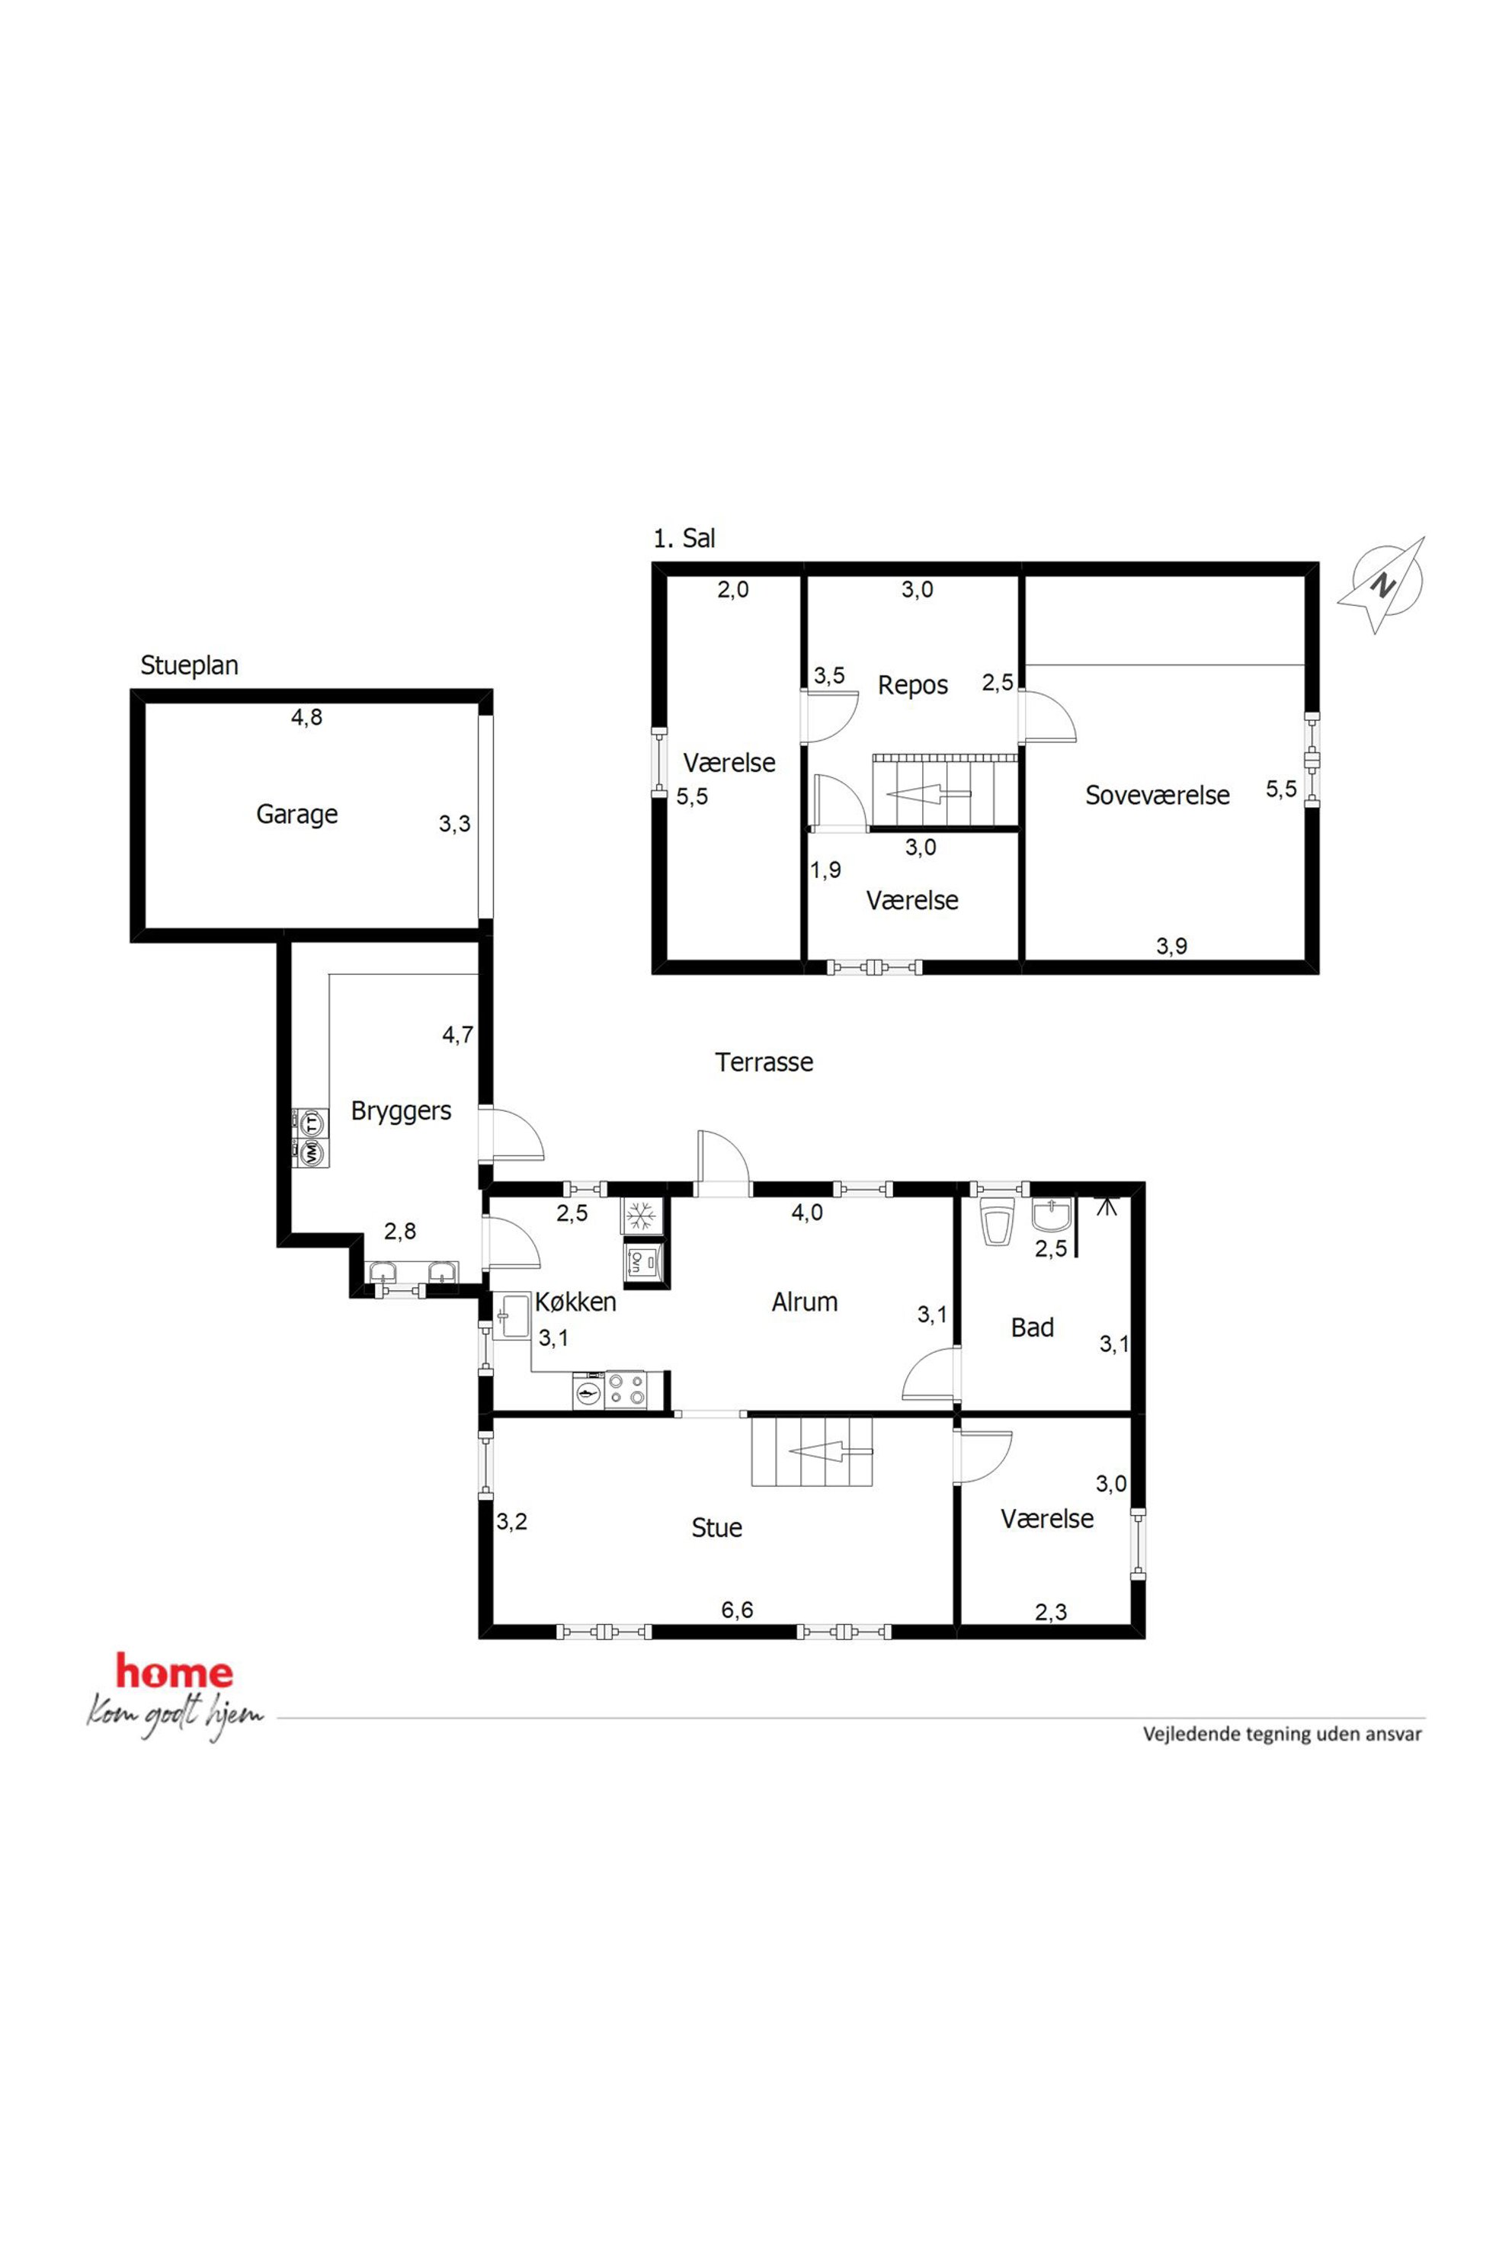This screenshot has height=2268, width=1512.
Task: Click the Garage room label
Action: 297,814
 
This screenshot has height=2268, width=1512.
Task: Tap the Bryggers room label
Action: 401,1111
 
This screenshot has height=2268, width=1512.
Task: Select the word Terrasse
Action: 764,1062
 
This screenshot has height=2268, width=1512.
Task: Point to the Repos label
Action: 913,686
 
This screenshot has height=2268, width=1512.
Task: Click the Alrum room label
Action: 806,1302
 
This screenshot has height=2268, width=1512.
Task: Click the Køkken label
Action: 575,1302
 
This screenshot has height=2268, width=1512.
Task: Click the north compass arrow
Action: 1382,585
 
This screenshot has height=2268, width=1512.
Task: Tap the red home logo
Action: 175,1672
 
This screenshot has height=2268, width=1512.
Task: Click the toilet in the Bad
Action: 996,1221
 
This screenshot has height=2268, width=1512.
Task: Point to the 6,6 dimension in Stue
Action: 737,1610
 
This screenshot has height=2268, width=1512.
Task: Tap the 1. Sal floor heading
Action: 684,538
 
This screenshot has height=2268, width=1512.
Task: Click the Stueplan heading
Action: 189,665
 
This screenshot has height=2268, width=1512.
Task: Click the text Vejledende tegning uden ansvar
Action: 1283,1734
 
